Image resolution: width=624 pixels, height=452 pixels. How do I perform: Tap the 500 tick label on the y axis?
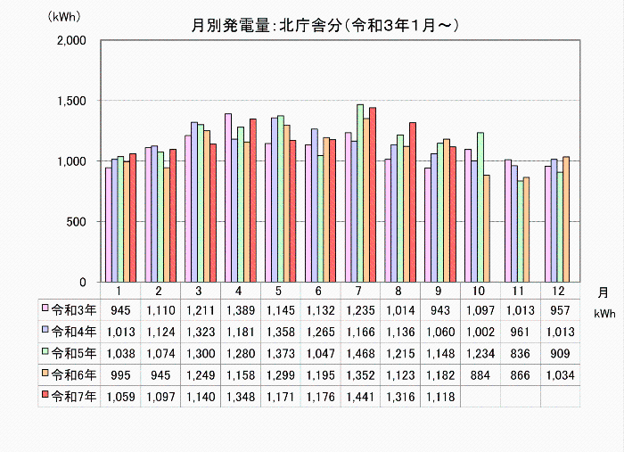click(74, 222)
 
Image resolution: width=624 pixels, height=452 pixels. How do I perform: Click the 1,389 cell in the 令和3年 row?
click(240, 309)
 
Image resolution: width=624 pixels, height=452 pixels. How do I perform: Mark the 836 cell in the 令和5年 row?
click(520, 353)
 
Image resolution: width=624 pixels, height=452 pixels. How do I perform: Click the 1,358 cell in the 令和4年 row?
click(280, 332)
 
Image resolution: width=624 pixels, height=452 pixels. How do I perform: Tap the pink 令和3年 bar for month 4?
click(228, 197)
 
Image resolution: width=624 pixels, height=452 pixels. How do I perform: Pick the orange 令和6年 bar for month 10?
click(486, 228)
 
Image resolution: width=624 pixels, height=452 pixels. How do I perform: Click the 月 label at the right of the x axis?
click(603, 292)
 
